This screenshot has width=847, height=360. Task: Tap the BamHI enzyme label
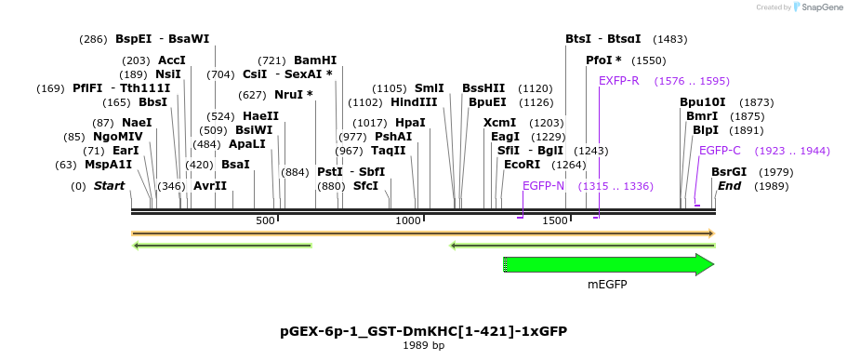pos(315,60)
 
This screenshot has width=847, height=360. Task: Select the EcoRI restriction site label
pos(522,165)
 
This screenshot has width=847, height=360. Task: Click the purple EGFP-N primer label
pos(543,186)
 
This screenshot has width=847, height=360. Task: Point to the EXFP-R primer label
pos(619,81)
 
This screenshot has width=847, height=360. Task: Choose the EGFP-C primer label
pos(720,151)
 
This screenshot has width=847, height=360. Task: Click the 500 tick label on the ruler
pos(266,220)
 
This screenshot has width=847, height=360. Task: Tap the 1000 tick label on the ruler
pos(408,220)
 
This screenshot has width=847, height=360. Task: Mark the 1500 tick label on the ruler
pos(555,220)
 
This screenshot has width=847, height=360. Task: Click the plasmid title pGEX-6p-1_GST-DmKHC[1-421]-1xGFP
pos(423,331)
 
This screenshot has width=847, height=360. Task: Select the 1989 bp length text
pos(423,346)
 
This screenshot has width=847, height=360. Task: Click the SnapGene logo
pos(815,7)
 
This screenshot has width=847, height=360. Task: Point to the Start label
pos(109,186)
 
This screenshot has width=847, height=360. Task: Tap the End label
pos(729,186)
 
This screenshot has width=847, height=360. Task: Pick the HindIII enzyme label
pos(414,102)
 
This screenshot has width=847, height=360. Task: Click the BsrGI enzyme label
pos(729,172)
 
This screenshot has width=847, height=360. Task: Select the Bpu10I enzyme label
pos(702,102)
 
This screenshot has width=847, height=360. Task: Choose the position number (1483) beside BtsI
pos(670,39)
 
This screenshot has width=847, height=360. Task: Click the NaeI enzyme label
pos(136,123)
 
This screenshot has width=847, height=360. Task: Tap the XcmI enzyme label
pos(500,123)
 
